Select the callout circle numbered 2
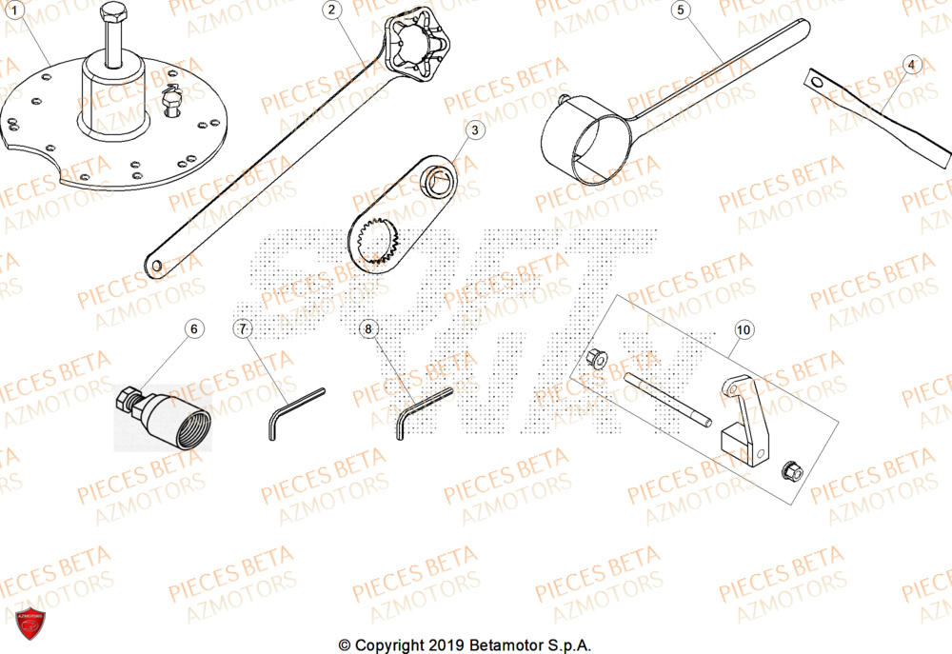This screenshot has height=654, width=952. click(330, 10)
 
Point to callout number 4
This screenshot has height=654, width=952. click(911, 66)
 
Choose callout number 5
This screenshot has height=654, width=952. click(680, 10)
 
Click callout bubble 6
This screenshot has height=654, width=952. click(194, 329)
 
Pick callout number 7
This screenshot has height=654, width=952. click(243, 329)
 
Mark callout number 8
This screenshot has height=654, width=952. click(370, 329)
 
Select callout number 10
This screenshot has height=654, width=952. click(744, 329)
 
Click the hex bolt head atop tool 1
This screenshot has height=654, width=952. click(112, 14)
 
